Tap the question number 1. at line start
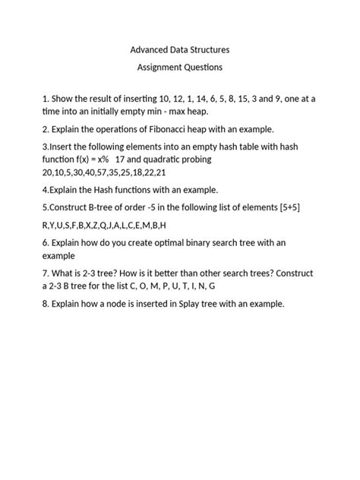[46, 99]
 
